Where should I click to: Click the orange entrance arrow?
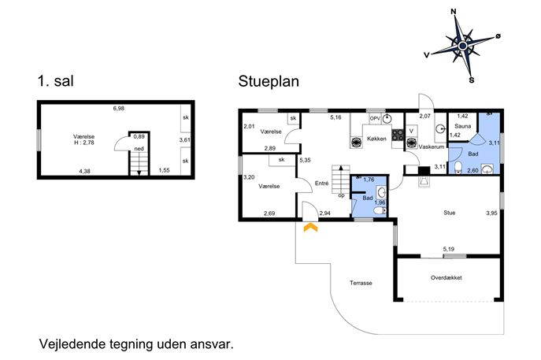[x=310, y=228]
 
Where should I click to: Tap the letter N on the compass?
[x=454, y=13]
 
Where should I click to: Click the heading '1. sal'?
[x=56, y=81]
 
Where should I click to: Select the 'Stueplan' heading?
[x=269, y=82]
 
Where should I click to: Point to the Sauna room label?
[x=463, y=126]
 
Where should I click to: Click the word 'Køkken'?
[x=376, y=139]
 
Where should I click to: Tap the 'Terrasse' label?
[x=361, y=283]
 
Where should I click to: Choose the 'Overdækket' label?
[x=447, y=277]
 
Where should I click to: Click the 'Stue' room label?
[x=449, y=213]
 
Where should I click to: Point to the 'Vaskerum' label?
[x=432, y=147]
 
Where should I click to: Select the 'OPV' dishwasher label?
[x=375, y=118]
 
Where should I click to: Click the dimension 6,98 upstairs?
[x=119, y=109]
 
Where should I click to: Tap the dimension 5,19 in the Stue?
[x=449, y=248]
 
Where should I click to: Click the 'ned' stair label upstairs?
[x=139, y=149]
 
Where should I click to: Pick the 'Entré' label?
[x=321, y=184]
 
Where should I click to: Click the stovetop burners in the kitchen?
[x=398, y=135]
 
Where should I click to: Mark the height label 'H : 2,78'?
[x=83, y=143]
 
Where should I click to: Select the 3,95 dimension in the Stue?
[x=491, y=213]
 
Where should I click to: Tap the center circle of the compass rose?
[x=463, y=46]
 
